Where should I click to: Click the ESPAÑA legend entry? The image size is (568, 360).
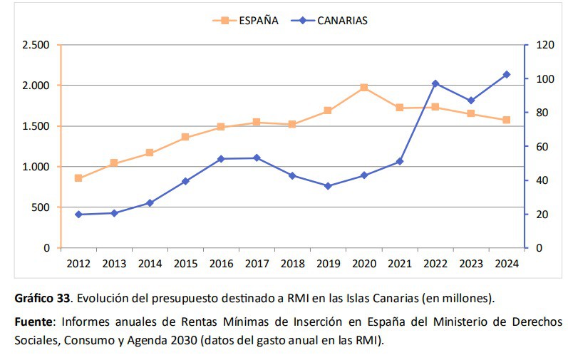pyautogui.click(x=245, y=20)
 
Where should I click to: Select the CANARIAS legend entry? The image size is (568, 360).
pyautogui.click(x=329, y=20)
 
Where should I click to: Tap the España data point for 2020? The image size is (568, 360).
pyautogui.click(x=363, y=88)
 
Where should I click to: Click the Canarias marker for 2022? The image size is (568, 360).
pyautogui.click(x=435, y=83)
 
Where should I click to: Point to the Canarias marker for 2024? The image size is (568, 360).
pyautogui.click(x=507, y=74)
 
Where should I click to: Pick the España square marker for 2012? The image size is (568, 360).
pyautogui.click(x=78, y=178)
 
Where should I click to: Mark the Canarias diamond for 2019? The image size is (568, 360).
pyautogui.click(x=328, y=186)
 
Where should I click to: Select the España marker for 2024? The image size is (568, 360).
pyautogui.click(x=507, y=120)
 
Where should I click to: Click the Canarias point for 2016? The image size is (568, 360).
pyautogui.click(x=221, y=159)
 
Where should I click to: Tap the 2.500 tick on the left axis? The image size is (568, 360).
pyautogui.click(x=36, y=45)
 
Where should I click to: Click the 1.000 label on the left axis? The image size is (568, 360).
pyautogui.click(x=36, y=167)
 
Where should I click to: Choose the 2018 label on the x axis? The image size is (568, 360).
pyautogui.click(x=292, y=264)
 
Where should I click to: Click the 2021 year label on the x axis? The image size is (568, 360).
pyautogui.click(x=399, y=264)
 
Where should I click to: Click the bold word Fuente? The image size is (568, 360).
pyautogui.click(x=33, y=322)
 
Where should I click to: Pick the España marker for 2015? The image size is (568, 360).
pyautogui.click(x=185, y=137)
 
